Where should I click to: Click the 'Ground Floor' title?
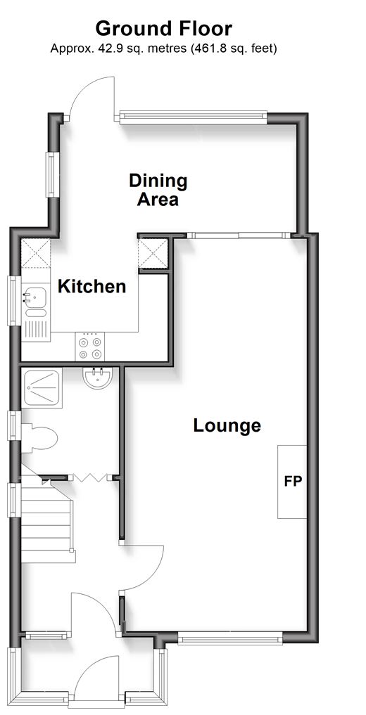tap(163, 29)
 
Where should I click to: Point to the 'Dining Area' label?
tap(158, 190)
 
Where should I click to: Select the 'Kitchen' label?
tap(91, 286)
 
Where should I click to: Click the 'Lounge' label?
tap(227, 425)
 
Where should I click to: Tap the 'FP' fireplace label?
tap(293, 482)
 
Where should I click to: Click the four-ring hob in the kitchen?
tap(89, 347)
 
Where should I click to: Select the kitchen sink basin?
tap(34, 297)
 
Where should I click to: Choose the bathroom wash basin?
tap(96, 378)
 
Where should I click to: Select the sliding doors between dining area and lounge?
tap(239, 236)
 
